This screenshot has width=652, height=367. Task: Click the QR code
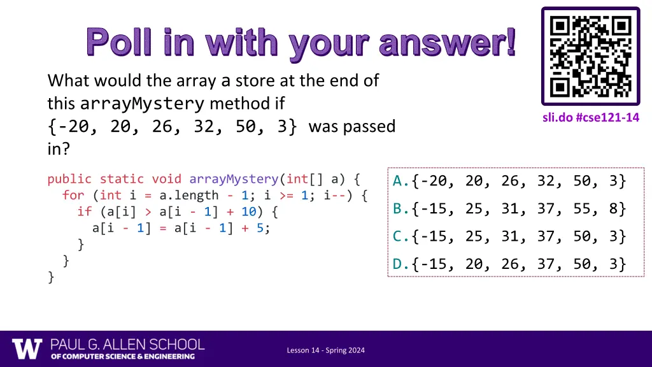pos(590,56)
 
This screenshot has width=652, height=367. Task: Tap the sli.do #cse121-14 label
pos(591,117)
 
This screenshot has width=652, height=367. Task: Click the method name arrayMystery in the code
pos(234,179)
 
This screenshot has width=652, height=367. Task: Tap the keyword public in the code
pos(69,179)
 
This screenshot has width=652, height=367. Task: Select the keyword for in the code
pos(73,196)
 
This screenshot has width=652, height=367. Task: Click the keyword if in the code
pos(84,212)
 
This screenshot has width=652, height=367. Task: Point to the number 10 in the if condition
pos(248,212)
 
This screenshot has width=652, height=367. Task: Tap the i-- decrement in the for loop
pos(335,196)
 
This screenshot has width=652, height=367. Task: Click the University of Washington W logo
pos(27,349)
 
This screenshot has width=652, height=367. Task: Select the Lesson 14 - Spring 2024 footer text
pos(325,350)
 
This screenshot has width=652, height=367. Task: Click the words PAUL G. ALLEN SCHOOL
pos(128,344)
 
